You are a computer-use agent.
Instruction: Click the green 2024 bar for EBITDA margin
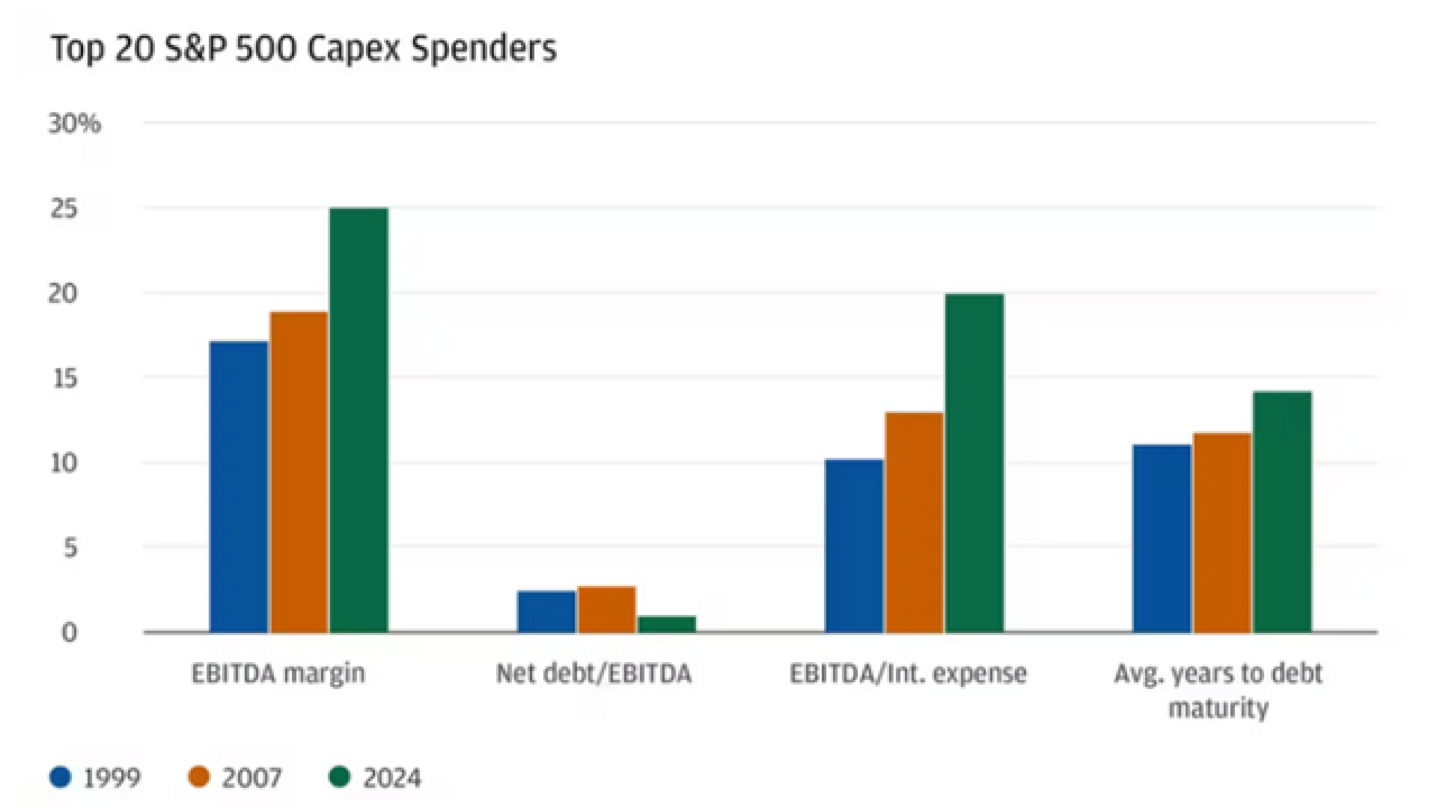click(x=359, y=420)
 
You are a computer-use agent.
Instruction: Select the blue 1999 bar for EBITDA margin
click(x=239, y=486)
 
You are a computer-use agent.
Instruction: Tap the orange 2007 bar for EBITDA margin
click(x=299, y=471)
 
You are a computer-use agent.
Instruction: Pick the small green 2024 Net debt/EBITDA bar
click(x=666, y=624)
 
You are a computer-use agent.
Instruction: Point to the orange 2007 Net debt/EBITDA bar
click(x=606, y=609)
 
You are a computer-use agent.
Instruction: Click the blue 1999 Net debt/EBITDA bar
click(x=546, y=611)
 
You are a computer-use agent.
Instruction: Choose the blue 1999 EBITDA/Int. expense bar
click(x=854, y=545)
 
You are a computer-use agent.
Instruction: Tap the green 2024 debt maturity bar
click(x=1282, y=512)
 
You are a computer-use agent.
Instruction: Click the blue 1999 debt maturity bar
click(x=1162, y=538)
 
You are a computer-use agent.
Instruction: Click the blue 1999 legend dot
click(x=61, y=777)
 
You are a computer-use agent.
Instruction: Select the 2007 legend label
click(x=251, y=778)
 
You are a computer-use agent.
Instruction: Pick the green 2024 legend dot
click(x=340, y=777)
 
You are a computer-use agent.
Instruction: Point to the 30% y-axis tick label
click(x=74, y=123)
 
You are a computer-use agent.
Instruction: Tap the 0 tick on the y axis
click(x=69, y=633)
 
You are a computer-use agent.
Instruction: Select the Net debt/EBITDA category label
click(x=594, y=673)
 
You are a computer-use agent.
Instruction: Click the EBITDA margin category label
click(x=278, y=673)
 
